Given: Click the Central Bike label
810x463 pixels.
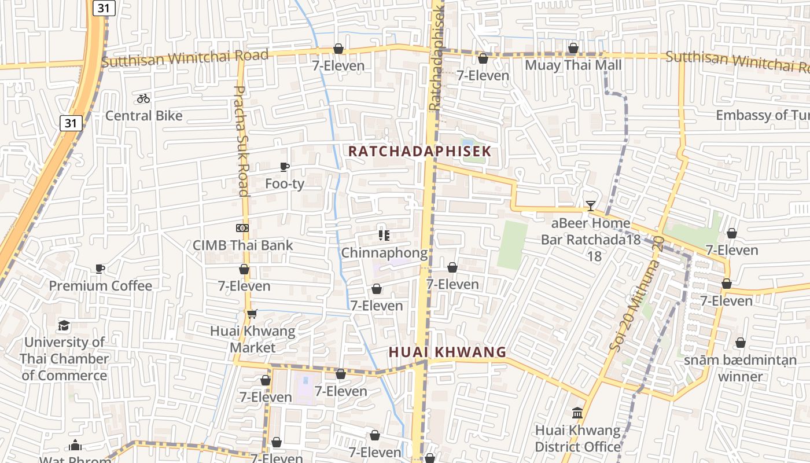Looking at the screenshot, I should [143, 116].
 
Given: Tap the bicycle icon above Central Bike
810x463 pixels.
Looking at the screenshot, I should [143, 98].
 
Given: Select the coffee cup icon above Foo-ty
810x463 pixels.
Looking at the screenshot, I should [284, 167].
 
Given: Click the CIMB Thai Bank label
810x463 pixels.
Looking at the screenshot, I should [243, 245].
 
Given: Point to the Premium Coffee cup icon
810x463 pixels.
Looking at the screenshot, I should [100, 269].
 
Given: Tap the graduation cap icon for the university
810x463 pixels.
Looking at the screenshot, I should [64, 325].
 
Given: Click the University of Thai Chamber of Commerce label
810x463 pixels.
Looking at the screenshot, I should [64, 359].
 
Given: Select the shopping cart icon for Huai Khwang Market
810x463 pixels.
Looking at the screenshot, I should [252, 314].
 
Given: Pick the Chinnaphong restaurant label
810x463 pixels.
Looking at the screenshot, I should [384, 253].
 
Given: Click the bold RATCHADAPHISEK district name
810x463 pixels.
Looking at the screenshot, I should [419, 152].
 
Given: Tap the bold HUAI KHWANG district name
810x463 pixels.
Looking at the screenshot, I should [447, 352].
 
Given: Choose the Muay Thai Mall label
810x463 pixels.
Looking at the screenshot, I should [573, 65].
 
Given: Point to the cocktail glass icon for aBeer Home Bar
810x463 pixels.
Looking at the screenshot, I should [590, 205].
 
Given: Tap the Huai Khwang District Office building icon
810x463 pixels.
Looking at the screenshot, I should [577, 413].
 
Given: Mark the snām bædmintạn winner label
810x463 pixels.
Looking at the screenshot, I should [740, 368].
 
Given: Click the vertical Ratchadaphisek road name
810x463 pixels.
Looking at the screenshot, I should [436, 55].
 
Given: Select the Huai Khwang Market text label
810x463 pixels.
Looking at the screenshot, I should [252, 340].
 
